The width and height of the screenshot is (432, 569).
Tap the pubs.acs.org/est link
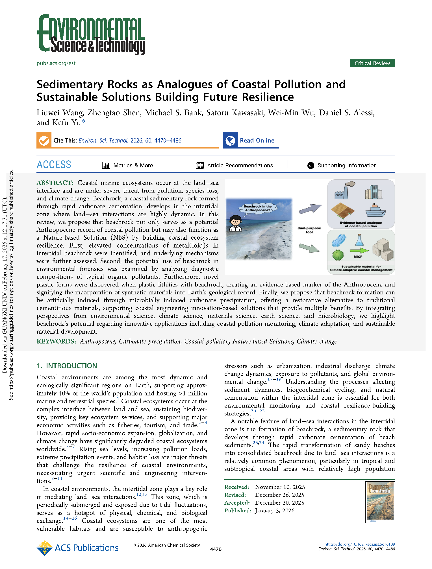56,63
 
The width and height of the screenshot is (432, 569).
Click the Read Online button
257,141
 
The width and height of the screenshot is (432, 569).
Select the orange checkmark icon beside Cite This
44,141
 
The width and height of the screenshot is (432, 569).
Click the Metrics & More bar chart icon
106,165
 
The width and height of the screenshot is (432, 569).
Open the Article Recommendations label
240,165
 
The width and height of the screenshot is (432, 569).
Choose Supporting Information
347,165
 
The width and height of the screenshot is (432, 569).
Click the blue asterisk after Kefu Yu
83,122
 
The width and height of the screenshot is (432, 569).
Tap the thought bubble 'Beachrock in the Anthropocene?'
257,208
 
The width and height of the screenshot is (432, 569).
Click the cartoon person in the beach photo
235,223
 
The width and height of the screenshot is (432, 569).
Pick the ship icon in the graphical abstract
375,210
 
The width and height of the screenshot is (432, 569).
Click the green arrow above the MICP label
359,250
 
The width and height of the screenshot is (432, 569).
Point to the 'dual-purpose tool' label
309,230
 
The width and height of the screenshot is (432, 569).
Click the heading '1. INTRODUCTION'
67,366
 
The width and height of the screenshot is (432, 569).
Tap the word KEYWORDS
56,342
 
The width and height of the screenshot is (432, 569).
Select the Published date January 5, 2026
274,511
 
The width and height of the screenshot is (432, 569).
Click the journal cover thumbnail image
380,502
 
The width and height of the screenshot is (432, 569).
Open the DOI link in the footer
359,544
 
